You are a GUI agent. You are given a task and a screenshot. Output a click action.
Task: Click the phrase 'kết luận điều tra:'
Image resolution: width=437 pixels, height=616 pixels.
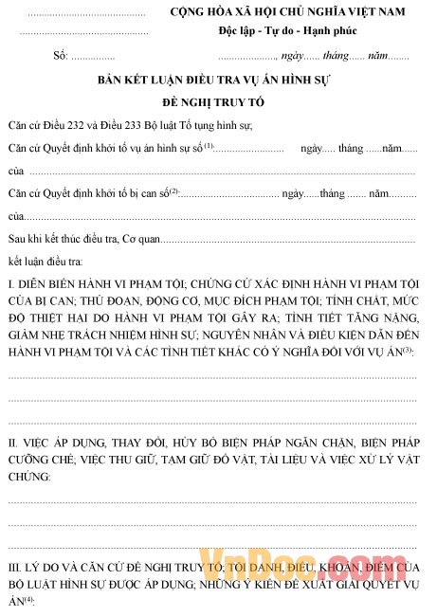coord(45,259)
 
